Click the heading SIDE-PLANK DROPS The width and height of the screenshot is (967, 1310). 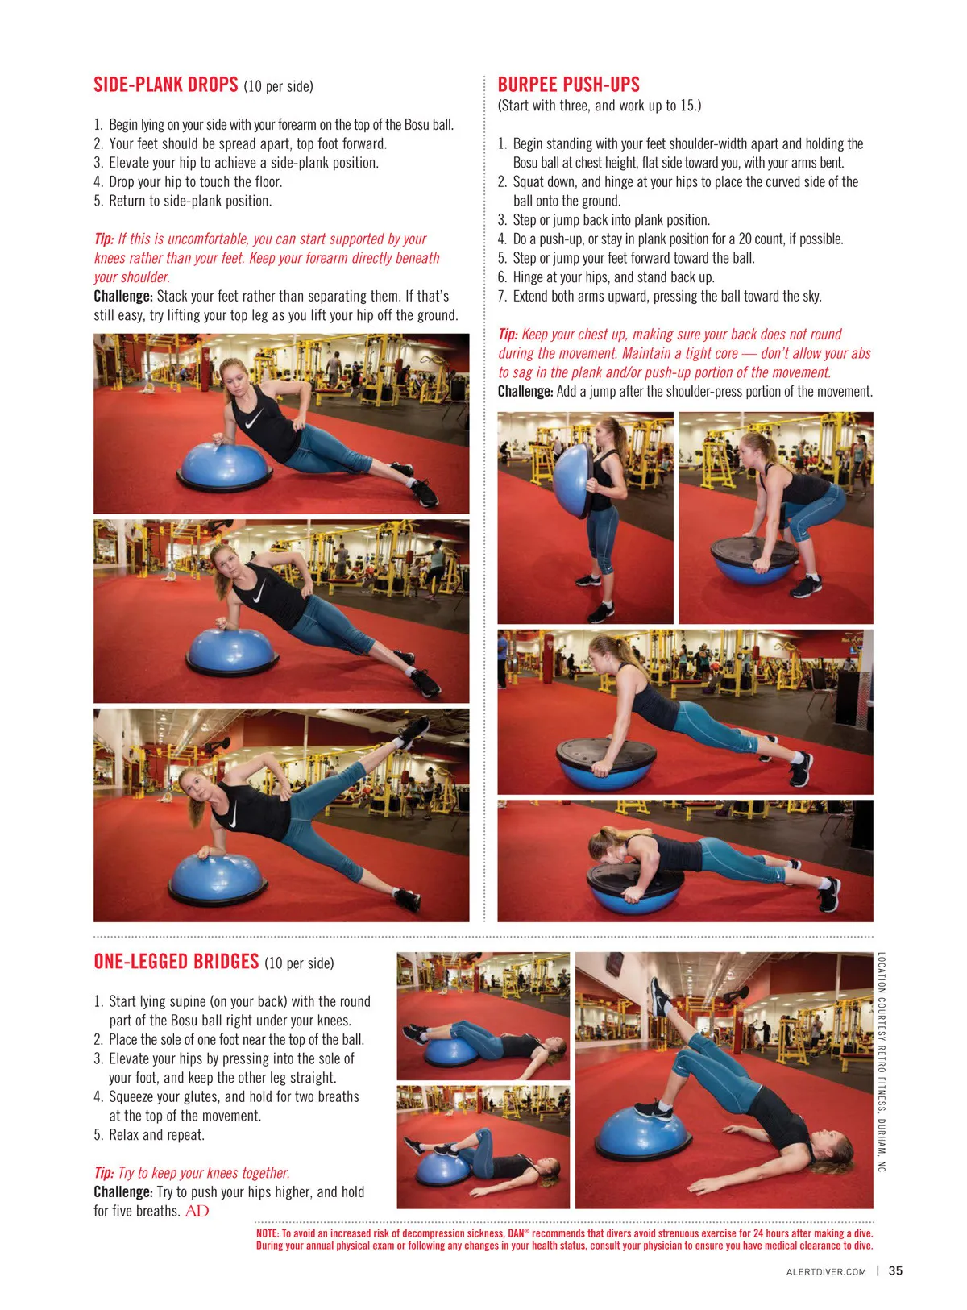(x=165, y=85)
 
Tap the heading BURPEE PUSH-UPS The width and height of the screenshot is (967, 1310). (x=568, y=85)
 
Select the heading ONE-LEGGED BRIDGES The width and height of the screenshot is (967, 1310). (x=176, y=961)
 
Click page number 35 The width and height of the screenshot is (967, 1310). (x=895, y=1270)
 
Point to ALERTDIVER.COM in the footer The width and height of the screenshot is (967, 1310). (x=825, y=1271)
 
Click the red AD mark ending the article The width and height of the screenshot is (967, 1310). (x=197, y=1211)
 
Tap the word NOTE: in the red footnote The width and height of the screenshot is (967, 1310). (x=268, y=1233)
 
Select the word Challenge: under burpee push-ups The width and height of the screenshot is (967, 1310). (x=525, y=391)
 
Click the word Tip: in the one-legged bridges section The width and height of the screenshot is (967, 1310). (x=104, y=1172)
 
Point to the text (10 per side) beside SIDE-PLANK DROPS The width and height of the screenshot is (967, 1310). (x=278, y=86)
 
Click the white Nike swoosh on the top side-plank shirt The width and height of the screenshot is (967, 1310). (x=254, y=418)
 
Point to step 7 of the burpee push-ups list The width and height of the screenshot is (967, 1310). (x=659, y=296)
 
